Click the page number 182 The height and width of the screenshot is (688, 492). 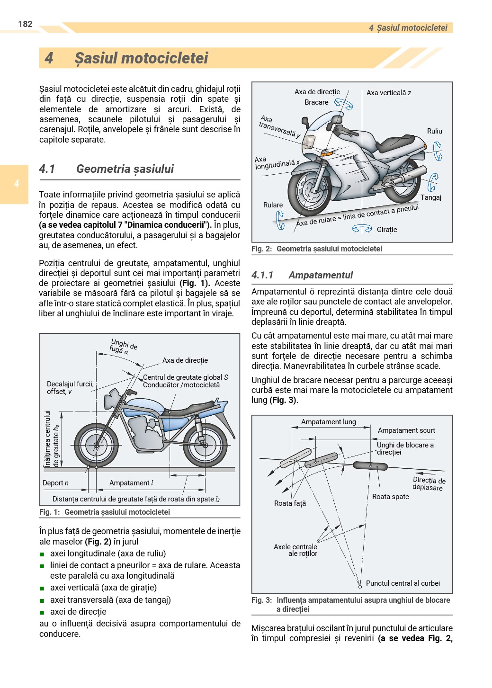click(x=25, y=24)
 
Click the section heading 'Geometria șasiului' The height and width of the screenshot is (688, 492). click(x=125, y=169)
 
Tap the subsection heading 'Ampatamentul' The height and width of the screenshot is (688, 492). click(x=321, y=275)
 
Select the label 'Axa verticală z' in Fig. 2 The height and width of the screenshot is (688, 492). click(x=388, y=93)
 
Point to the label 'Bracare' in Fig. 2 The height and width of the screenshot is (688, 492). click(x=316, y=102)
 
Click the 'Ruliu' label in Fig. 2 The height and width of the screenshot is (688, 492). click(x=434, y=131)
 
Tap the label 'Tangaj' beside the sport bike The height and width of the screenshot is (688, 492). click(x=430, y=197)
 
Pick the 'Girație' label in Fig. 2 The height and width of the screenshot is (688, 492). click(x=386, y=230)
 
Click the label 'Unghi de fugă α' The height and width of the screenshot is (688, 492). click(x=123, y=346)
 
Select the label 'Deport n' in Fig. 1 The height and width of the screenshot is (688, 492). click(x=55, y=483)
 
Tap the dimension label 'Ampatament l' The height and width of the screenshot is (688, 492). click(x=131, y=483)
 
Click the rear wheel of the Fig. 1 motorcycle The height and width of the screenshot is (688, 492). click(x=205, y=445)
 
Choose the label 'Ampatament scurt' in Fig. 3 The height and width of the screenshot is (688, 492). click(x=406, y=430)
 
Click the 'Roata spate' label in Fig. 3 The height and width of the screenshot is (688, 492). click(x=390, y=497)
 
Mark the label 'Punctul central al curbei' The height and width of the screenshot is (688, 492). click(x=403, y=583)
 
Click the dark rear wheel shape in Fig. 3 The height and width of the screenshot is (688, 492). click(x=370, y=466)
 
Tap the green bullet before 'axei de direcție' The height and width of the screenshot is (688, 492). click(x=42, y=612)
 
